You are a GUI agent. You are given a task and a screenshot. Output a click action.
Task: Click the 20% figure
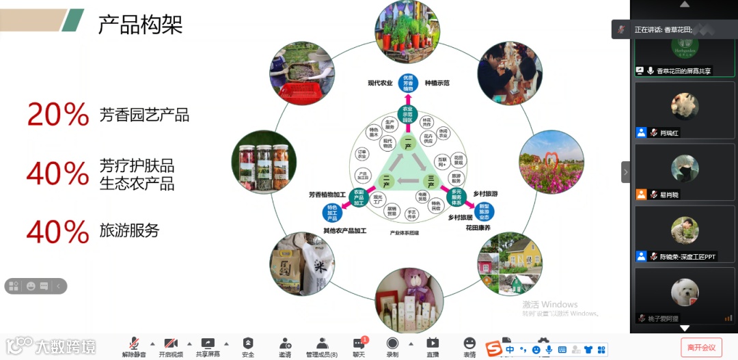click(x=58, y=114)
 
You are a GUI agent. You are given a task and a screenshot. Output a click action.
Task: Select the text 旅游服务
click(x=129, y=231)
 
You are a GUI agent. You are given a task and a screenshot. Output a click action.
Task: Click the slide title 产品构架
click(x=140, y=25)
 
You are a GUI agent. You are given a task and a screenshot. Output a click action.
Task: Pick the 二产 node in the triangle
click(x=386, y=182)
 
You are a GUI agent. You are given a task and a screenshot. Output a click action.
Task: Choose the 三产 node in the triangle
click(x=430, y=182)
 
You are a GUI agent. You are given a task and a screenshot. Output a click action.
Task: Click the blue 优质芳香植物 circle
click(x=409, y=83)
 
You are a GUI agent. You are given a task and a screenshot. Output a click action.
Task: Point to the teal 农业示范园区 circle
click(x=408, y=113)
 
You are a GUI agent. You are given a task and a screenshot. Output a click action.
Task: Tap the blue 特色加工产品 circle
click(x=332, y=212)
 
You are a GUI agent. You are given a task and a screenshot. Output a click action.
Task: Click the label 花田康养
click(x=477, y=227)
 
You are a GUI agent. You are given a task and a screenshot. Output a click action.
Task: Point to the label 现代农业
click(x=380, y=83)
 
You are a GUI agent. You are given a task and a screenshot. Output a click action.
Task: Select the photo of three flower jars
click(x=264, y=164)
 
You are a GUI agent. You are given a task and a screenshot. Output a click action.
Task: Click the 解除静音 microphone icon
click(x=134, y=343)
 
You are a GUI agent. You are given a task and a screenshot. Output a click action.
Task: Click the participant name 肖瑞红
click(x=670, y=133)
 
